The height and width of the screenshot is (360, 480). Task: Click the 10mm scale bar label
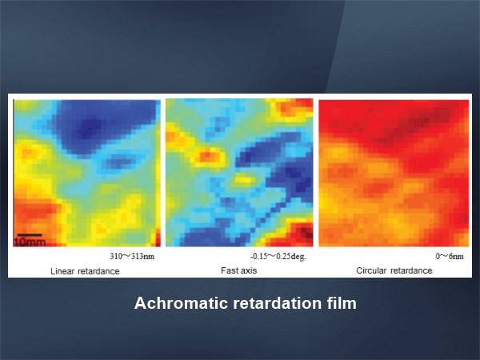tap(30, 242)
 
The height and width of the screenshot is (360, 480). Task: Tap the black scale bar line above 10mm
tap(30, 235)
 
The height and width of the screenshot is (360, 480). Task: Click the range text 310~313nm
tap(132, 256)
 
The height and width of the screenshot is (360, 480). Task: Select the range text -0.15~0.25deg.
tap(278, 256)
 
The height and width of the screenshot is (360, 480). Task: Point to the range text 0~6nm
tap(450, 256)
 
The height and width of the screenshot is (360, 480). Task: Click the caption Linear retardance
tap(85, 271)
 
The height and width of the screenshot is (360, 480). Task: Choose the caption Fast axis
tap(238, 270)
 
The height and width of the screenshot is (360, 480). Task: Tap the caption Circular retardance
tap(394, 270)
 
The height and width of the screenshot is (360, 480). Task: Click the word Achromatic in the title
tap(182, 303)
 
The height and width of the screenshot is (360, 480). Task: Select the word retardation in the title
tap(278, 303)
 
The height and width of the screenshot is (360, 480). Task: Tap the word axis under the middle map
tap(248, 270)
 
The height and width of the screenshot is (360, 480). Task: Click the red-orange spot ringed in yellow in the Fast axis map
tap(208, 155)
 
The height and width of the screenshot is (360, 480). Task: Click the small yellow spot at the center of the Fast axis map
tap(244, 179)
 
